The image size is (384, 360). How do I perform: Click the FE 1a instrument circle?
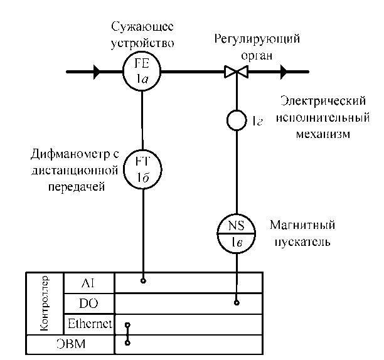tap(142, 73)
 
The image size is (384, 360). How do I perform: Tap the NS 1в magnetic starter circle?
tap(237, 232)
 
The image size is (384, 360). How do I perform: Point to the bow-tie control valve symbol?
tap(237, 73)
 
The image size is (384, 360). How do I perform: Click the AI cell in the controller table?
tap(89, 282)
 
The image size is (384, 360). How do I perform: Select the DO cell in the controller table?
tap(89, 303)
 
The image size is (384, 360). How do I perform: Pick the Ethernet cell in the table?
tap(89, 324)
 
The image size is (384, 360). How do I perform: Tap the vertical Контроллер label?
tap(45, 303)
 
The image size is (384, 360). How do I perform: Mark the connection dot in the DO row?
tap(237, 303)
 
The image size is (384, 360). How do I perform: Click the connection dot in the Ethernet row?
tap(127, 326)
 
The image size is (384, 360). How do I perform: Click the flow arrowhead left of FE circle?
tap(97, 73)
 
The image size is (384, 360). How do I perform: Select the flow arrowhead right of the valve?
tap(284, 73)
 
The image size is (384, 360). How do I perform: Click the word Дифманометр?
tap(60, 155)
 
